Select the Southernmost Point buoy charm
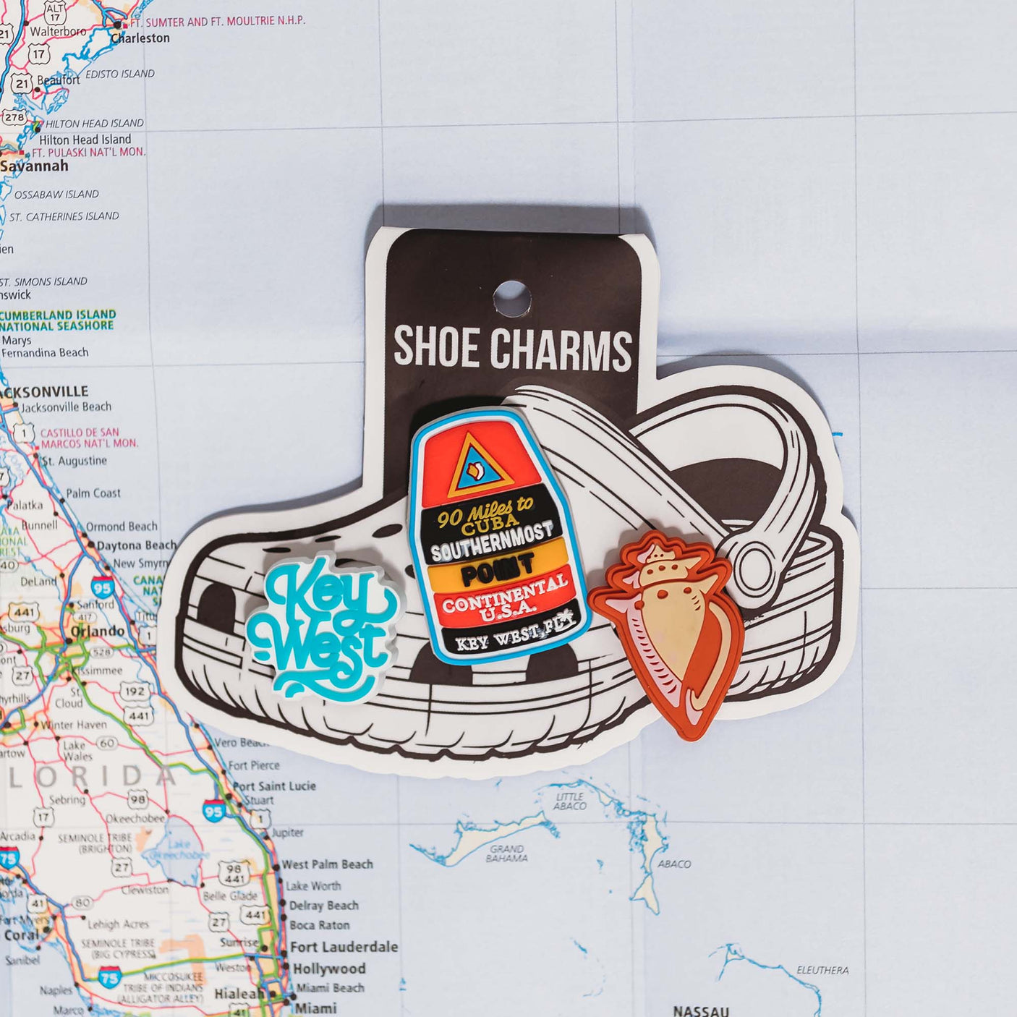tap(500, 535)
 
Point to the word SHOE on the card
tap(437, 348)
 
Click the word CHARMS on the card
tap(562, 349)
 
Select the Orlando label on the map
tap(98, 631)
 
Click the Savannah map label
tap(35, 166)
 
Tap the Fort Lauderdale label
tap(344, 947)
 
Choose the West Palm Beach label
tap(327, 864)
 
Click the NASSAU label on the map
tap(700, 1010)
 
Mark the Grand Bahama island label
tap(506, 854)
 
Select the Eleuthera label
tap(822, 970)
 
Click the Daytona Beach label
tap(136, 545)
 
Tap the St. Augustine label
tap(74, 461)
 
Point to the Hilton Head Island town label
tap(85, 139)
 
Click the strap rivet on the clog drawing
tap(754, 566)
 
